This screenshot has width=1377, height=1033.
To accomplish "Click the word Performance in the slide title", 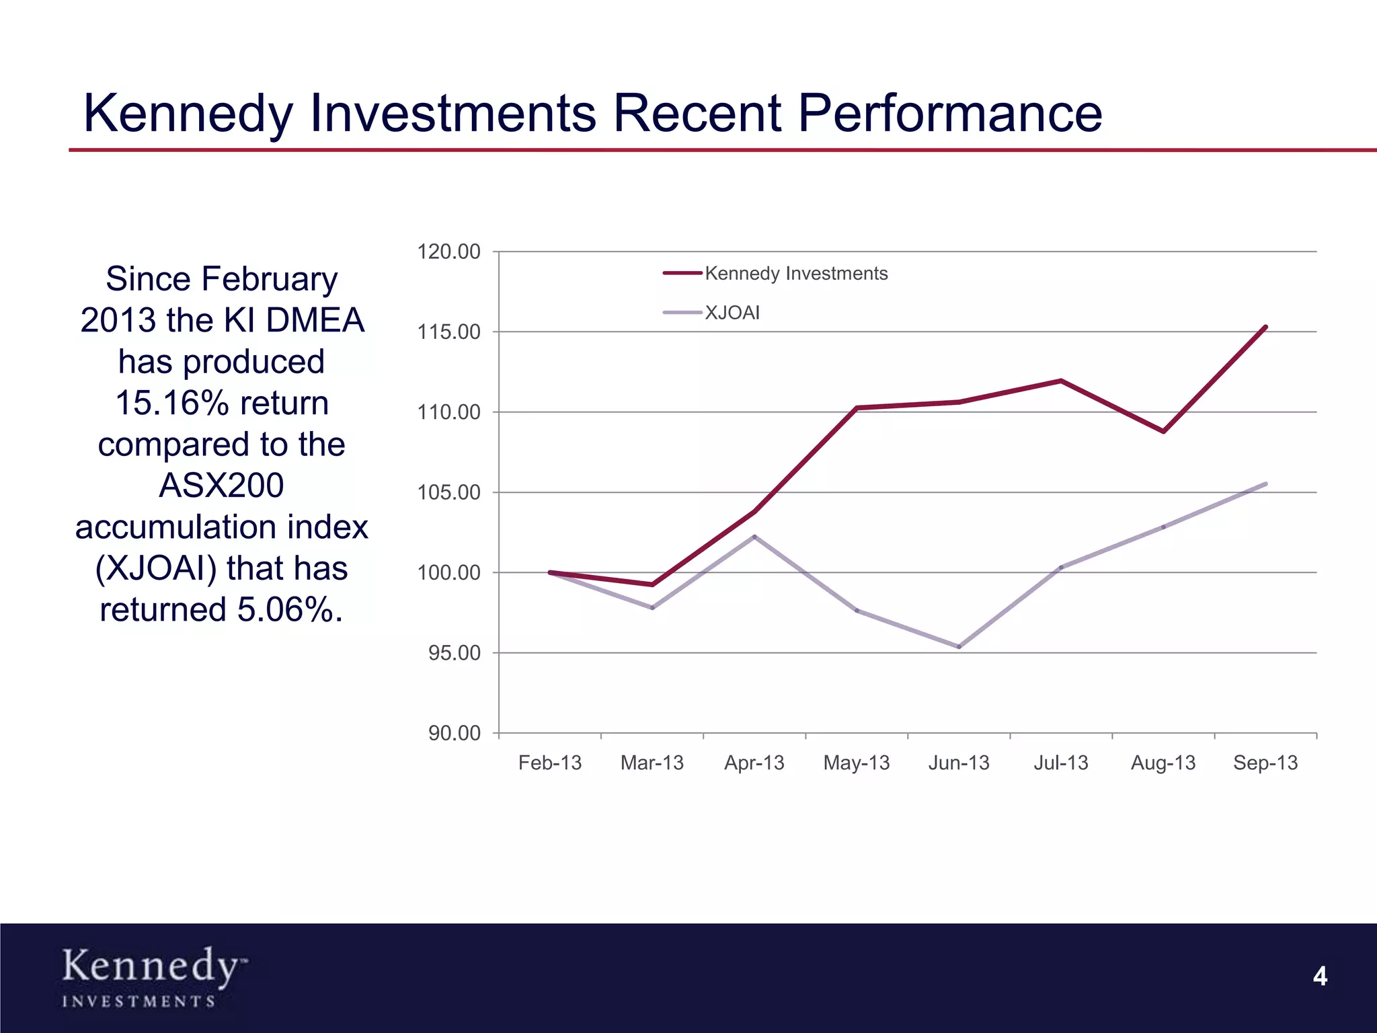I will click(x=949, y=113).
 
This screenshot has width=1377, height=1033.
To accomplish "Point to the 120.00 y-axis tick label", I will click(x=448, y=252).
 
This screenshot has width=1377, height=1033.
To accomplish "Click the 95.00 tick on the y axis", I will click(x=455, y=652).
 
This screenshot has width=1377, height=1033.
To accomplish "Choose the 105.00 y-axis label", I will click(x=448, y=492).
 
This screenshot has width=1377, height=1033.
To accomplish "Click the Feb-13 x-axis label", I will click(x=549, y=763).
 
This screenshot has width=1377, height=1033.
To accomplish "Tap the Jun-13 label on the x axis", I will click(x=959, y=763).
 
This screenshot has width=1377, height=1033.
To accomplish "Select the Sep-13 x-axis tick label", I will click(x=1265, y=763).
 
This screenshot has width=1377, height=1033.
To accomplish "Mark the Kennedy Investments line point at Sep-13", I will click(x=1265, y=327).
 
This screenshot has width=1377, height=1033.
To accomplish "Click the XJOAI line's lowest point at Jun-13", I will click(x=959, y=647).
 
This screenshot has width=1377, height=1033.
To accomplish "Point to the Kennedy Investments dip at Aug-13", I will click(x=1163, y=431).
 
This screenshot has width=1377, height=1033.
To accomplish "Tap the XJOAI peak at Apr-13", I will click(x=754, y=537).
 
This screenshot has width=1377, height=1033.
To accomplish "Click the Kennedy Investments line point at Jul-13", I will click(x=1061, y=381).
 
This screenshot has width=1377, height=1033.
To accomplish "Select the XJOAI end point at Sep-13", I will click(x=1265, y=484).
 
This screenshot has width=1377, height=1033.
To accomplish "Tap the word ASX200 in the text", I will click(x=221, y=486).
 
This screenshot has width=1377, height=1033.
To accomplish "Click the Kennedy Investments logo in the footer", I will click(x=153, y=976).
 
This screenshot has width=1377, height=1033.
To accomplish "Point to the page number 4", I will click(x=1320, y=976).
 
